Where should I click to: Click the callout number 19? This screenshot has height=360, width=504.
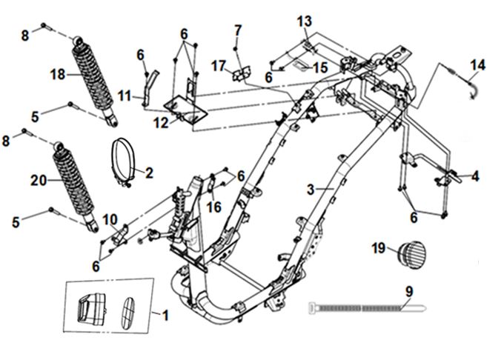[379, 249]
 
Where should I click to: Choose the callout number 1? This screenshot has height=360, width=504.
[165, 316]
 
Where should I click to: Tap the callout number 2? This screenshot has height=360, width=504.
[149, 173]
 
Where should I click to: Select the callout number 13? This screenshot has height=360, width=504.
[305, 20]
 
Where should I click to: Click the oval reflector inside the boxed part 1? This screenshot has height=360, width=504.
[128, 307]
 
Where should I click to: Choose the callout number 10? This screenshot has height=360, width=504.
[110, 219]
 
